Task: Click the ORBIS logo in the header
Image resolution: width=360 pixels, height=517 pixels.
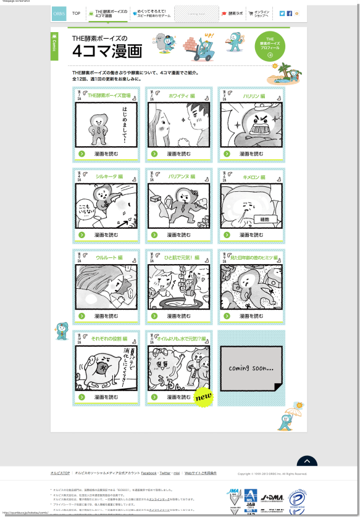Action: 59,13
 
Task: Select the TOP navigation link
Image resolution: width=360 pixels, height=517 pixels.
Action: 76,13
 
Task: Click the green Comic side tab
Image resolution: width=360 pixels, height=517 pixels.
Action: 54,47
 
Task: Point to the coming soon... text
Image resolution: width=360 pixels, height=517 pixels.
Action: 251,368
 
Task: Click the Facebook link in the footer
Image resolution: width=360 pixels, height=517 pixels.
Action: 149,473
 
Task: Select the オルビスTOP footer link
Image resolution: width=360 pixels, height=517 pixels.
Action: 60,473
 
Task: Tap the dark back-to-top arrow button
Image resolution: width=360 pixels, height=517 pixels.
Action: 306,461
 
